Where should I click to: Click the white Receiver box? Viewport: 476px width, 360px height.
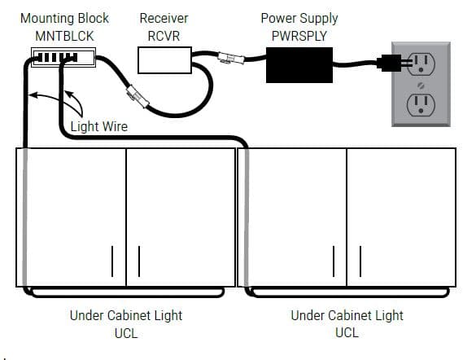(x=164, y=60)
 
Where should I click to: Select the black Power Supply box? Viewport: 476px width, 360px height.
(x=299, y=64)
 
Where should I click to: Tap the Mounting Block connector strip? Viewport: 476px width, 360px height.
(x=63, y=57)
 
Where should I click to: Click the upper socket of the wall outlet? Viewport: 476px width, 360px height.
(x=421, y=64)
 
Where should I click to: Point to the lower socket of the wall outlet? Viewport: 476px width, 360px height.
(x=421, y=105)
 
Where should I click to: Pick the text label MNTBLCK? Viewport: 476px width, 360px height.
(x=64, y=36)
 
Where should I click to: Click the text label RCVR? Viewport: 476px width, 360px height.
(x=164, y=36)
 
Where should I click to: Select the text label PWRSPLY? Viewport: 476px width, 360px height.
(x=299, y=36)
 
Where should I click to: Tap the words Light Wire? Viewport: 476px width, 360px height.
(x=99, y=127)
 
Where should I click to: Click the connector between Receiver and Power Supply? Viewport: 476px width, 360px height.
(x=231, y=58)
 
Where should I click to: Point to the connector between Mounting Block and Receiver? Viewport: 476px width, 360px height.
(x=138, y=96)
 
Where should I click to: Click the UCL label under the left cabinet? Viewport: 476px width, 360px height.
(x=126, y=333)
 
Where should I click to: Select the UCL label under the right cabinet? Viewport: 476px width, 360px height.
(x=347, y=332)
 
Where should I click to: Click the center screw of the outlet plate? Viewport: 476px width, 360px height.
(x=421, y=86)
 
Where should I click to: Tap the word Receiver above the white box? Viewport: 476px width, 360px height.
(x=164, y=19)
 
